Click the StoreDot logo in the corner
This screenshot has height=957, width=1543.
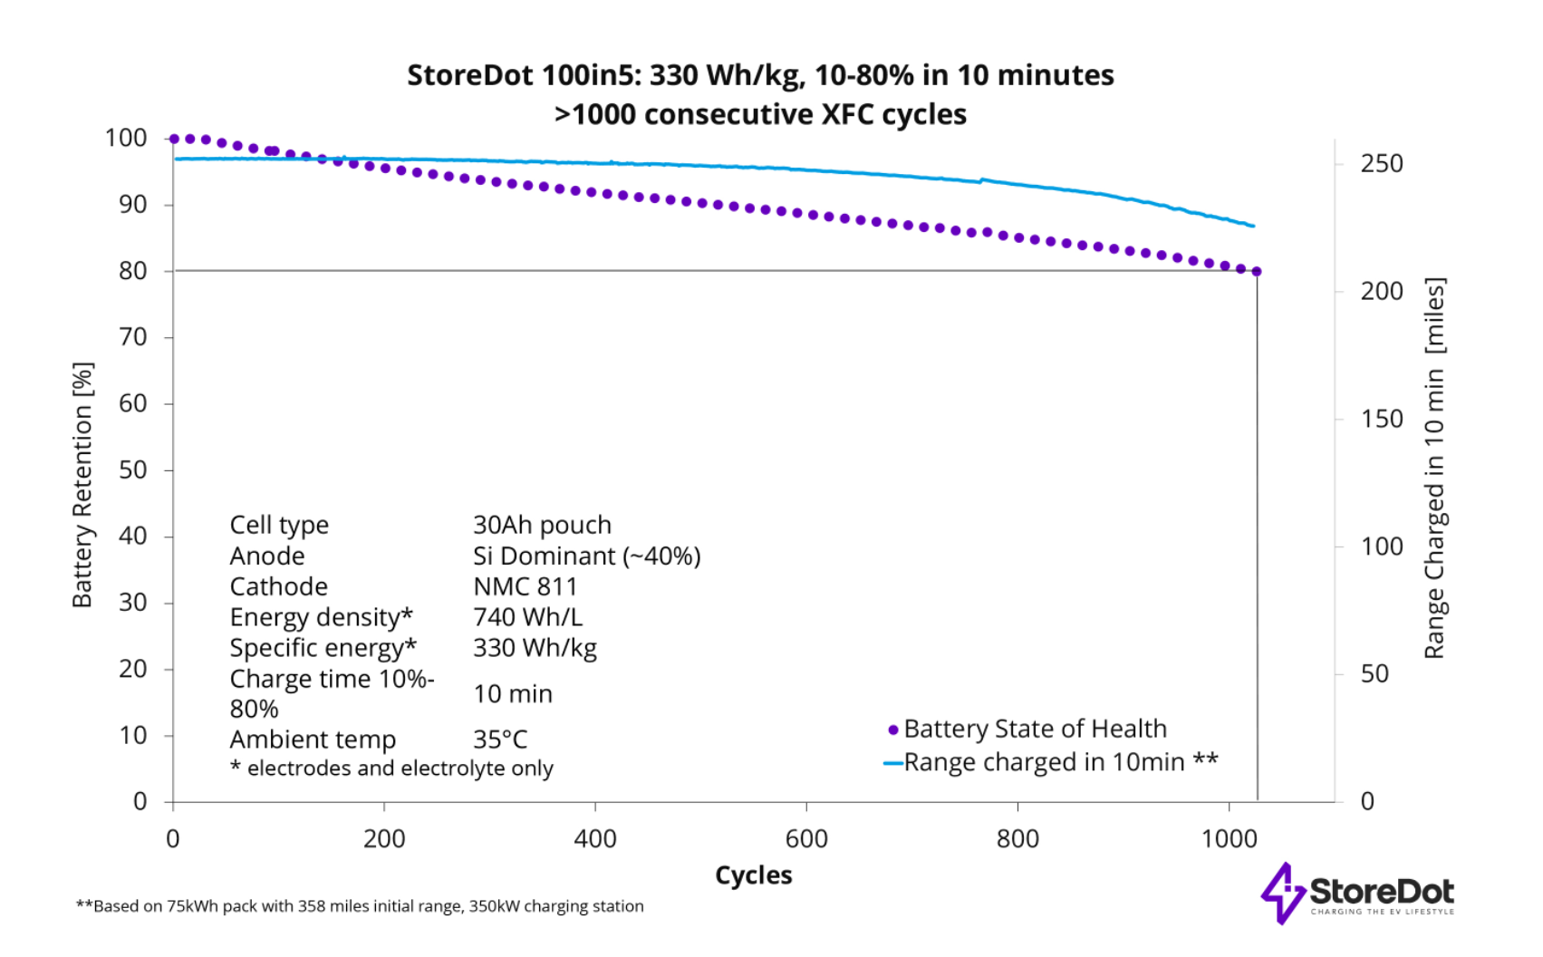pos(1357,894)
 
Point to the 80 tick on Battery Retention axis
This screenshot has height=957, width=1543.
pos(133,271)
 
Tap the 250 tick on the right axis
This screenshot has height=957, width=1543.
pos(1381,164)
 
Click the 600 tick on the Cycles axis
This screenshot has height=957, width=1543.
pos(806,838)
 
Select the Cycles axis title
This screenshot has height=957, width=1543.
pos(753,875)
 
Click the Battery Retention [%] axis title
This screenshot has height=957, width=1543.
pos(82,485)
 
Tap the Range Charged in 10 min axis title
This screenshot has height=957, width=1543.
pos(1434,468)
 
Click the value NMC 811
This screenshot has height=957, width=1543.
pos(525,586)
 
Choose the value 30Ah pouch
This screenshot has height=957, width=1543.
pos(542,525)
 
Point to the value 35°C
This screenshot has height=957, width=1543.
pos(500,739)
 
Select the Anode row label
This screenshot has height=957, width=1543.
pos(267,556)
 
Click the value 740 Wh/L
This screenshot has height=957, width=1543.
pos(527,617)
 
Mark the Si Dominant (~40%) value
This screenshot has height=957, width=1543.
pos(586,556)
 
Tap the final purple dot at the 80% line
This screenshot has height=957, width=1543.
pos(1257,271)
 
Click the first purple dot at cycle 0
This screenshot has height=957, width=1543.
pos(174,139)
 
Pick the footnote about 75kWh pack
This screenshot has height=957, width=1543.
pos(360,906)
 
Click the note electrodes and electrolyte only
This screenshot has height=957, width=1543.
pos(391,768)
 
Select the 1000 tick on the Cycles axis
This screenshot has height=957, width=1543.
pos(1229,838)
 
